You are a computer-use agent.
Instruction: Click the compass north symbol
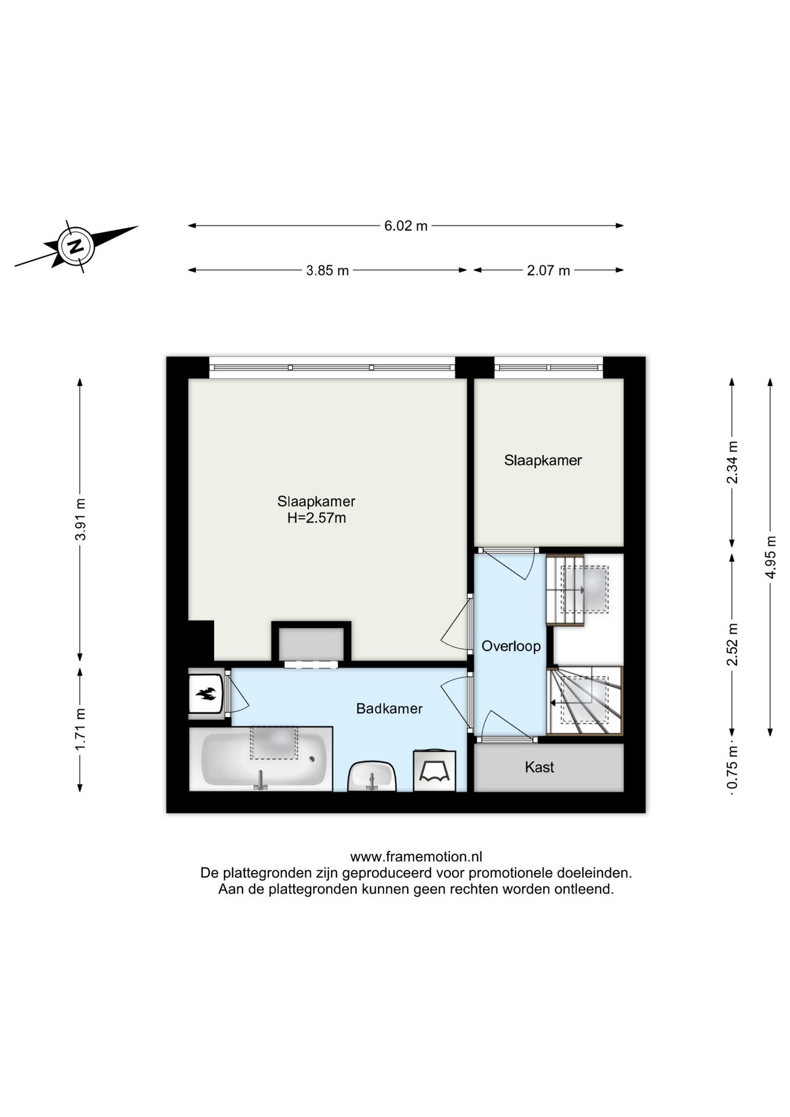(x=75, y=246)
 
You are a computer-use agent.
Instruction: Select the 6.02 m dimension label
(x=405, y=226)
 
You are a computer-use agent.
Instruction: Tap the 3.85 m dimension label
(x=328, y=271)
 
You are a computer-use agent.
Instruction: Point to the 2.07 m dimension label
(x=549, y=271)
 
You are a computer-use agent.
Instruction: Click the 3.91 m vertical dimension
(x=80, y=520)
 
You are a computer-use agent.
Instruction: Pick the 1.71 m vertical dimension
(x=80, y=729)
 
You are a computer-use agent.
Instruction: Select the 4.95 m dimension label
(x=771, y=557)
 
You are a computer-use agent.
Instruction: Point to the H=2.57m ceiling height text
(x=316, y=518)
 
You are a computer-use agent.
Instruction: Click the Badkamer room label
(x=389, y=709)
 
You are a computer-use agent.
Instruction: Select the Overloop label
(x=511, y=646)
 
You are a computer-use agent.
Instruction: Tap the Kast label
(x=539, y=767)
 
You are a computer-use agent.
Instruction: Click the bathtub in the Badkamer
(x=261, y=759)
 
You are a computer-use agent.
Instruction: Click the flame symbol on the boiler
(x=206, y=693)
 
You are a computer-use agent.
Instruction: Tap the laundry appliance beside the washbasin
(x=434, y=770)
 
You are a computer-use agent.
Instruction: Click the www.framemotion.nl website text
(x=416, y=857)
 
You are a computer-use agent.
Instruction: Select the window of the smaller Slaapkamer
(x=549, y=368)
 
